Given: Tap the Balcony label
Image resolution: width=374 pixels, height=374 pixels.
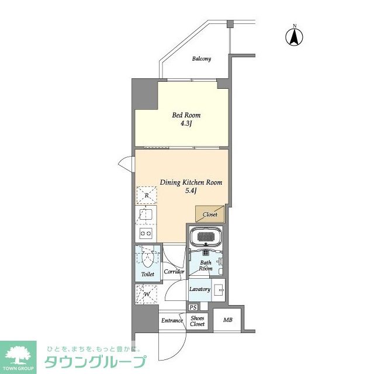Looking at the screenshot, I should coord(202,59).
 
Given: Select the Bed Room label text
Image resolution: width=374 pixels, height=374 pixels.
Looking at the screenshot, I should coord(186,115).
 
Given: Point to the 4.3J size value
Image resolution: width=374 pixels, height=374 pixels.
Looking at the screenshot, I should coord(186,124).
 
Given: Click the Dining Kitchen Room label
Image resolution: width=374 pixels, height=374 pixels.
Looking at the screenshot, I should coord(191,182).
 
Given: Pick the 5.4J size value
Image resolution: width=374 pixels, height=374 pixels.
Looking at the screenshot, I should coord(191,191).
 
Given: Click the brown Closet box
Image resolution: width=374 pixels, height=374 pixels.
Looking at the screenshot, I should coord(210,214).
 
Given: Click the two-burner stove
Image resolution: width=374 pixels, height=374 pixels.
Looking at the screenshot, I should coord(146,233).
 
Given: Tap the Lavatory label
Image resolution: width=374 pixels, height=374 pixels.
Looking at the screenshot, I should coord(199,289).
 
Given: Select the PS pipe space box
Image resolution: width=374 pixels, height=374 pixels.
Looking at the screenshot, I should coord(193,307).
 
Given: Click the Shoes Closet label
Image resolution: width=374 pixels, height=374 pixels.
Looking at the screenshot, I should coord(198,321).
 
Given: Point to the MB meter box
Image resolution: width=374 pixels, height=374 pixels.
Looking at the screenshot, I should coord(227,320).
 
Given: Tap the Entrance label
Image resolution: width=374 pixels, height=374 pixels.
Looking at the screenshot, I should coord(172,320).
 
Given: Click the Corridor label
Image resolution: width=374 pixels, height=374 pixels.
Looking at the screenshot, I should coord(174,272).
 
